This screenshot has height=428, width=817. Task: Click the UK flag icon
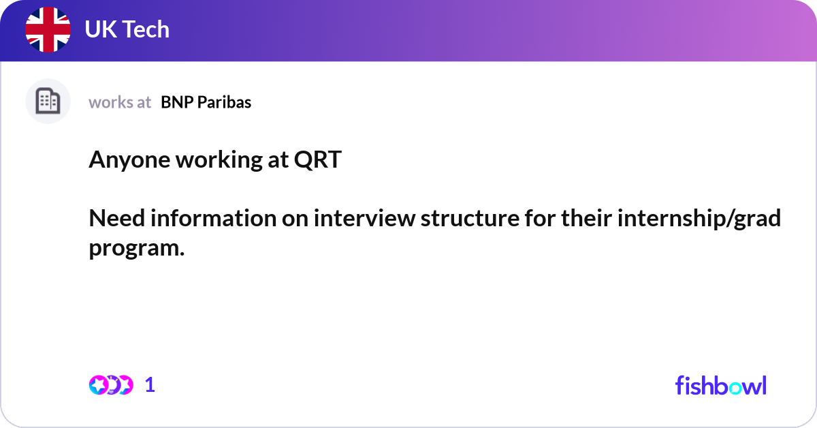[48, 30]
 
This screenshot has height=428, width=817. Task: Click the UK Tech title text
[127, 30]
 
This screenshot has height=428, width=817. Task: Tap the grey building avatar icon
[48, 102]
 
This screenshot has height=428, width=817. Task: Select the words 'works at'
[120, 102]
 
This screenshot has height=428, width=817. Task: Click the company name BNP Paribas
[206, 102]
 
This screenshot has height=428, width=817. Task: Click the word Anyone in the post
[129, 161]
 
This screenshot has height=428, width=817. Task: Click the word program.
[136, 248]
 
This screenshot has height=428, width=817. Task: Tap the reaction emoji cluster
[110, 385]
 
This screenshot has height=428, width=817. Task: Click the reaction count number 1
[150, 385]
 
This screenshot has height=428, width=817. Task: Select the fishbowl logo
[720, 386]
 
